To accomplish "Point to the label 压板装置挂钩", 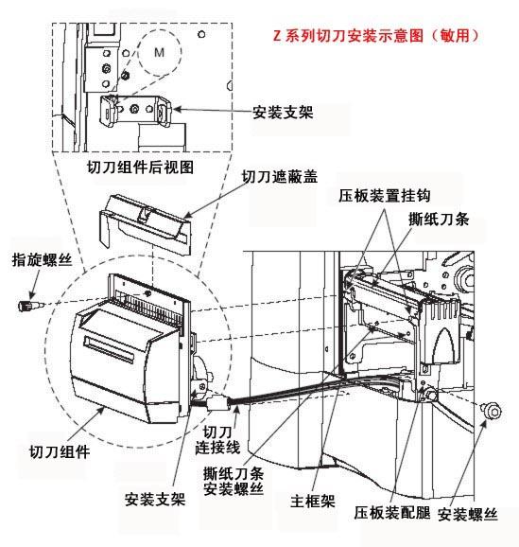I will coord(385,195).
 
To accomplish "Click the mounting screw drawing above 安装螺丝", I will coord(491,412).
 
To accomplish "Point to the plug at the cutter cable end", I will coord(216,406).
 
